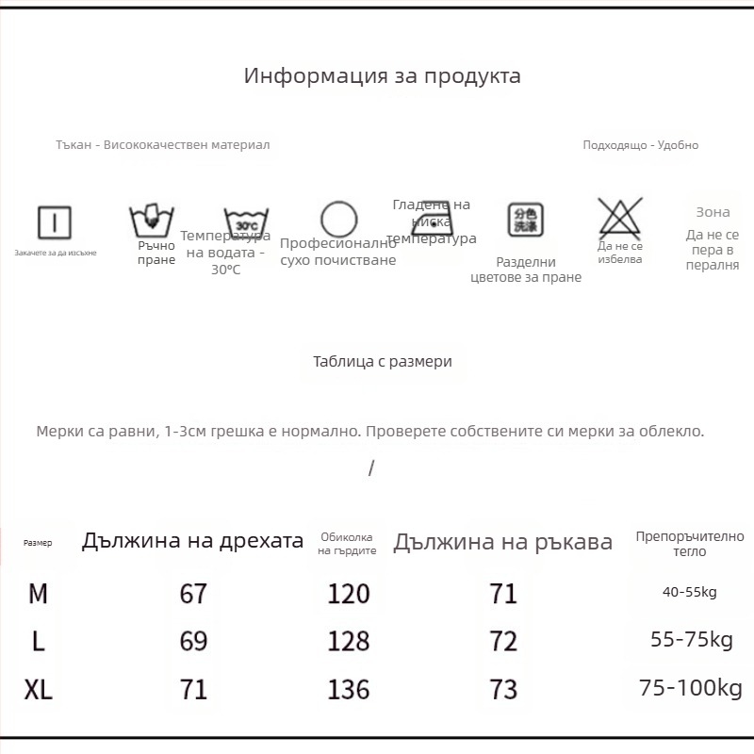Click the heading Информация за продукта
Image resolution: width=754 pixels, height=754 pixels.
point(382,76)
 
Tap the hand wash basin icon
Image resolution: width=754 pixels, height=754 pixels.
point(151,221)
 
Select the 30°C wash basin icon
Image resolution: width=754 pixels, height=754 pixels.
point(246,222)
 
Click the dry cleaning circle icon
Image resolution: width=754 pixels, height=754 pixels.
point(338,221)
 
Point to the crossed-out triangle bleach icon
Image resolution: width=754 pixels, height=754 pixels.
point(620,218)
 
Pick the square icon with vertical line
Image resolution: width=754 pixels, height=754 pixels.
point(55,222)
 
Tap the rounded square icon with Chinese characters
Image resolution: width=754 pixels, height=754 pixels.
point(526,220)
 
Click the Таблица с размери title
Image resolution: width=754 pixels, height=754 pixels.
point(382,361)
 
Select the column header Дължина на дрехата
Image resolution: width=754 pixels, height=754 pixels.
point(192,541)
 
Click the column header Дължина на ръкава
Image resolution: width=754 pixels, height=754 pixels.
point(502,542)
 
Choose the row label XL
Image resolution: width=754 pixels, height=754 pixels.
point(39,690)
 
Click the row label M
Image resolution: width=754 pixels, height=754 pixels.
point(39,594)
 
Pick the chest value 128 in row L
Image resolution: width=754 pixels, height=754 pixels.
point(349,642)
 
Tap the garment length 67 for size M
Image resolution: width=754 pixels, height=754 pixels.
point(193,594)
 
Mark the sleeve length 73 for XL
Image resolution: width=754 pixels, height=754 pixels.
point(504,690)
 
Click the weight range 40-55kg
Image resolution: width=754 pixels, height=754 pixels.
point(690,592)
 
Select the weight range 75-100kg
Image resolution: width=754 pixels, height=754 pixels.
point(691,689)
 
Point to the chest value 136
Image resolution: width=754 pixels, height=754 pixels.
point(349,690)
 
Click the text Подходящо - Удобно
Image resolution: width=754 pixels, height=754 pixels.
point(640,145)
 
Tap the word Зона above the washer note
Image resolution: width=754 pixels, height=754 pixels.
point(713,212)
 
